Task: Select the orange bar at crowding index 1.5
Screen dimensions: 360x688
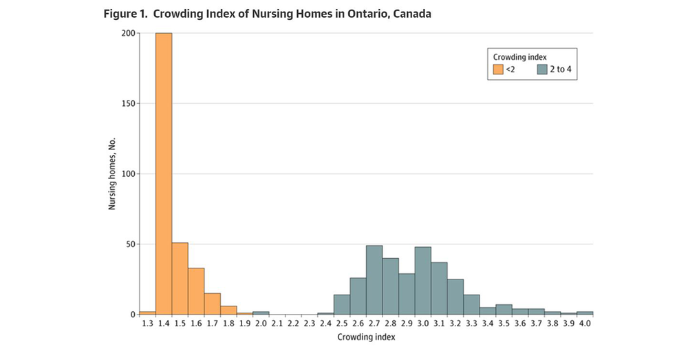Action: (x=180, y=279)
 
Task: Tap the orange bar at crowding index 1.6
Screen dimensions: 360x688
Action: (x=196, y=291)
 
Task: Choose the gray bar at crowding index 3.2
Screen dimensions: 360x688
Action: (x=455, y=297)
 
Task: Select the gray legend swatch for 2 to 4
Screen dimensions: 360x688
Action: (x=542, y=69)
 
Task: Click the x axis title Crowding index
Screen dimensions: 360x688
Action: (x=366, y=337)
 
